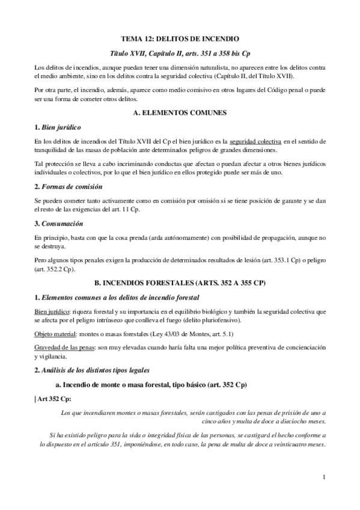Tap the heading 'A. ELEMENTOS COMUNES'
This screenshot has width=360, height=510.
pyautogui.click(x=180, y=112)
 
